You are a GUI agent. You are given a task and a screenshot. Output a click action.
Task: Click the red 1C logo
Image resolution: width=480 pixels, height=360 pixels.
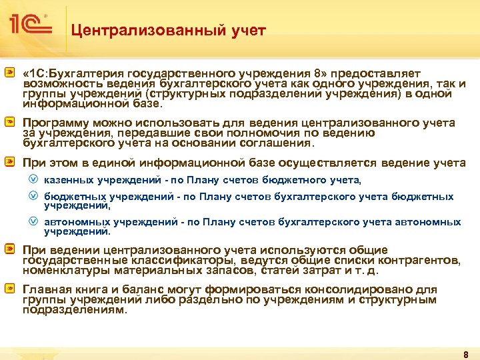point(30,25)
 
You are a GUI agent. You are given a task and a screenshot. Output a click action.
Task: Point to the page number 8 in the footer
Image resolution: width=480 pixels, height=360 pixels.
point(466,353)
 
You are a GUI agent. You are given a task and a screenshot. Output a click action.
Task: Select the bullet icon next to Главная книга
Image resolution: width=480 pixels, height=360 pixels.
point(10,289)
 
